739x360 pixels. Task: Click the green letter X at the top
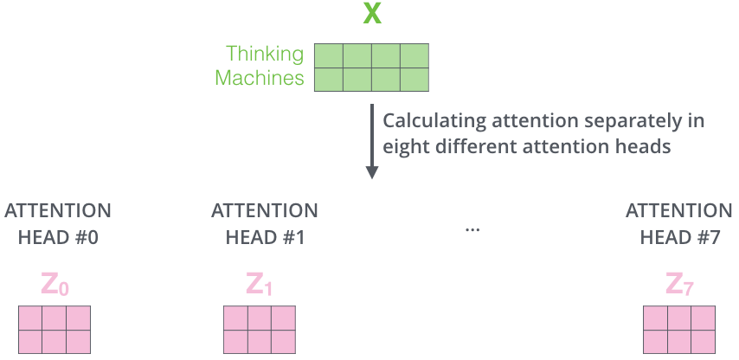tap(372, 15)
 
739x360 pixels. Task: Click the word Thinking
tap(264, 55)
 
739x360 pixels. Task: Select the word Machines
tap(260, 79)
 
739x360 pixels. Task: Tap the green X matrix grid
tap(371, 67)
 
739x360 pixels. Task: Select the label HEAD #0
tap(58, 237)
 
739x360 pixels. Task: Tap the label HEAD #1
tap(265, 237)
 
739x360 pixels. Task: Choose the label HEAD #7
tap(679, 237)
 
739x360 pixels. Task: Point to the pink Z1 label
tap(260, 284)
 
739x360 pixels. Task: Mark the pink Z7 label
tap(680, 284)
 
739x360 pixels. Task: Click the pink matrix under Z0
tap(55, 330)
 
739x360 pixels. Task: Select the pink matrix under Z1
tap(260, 330)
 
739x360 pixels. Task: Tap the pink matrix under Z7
tap(679, 330)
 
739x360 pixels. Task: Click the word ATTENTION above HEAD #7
tap(679, 211)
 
